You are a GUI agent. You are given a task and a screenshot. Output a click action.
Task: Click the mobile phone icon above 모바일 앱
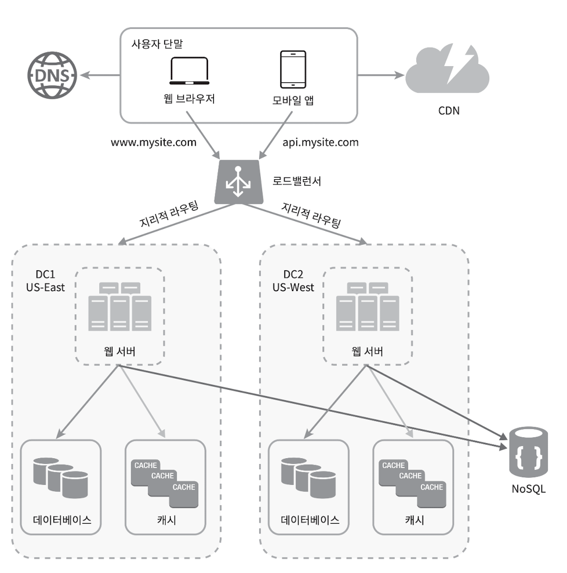pos(293,69)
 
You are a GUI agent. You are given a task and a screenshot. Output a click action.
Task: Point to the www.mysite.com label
pos(154,142)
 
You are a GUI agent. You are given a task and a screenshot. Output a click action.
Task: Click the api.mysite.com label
pos(320,142)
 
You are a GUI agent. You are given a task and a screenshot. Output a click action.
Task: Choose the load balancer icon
pos(237,182)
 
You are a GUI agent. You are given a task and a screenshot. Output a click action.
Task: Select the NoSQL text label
pos(528,489)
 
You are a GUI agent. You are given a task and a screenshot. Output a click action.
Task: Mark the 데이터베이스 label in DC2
pos(309,520)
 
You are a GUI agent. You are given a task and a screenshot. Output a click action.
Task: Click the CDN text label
pos(448,110)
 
